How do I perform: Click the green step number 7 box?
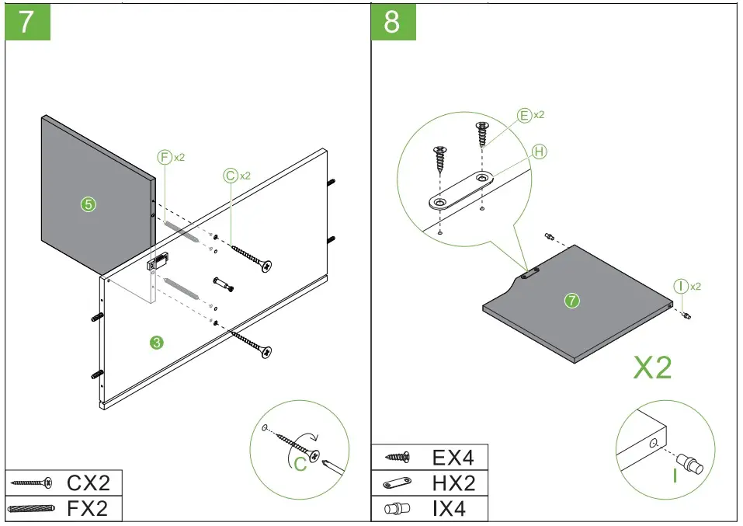coord(28,22)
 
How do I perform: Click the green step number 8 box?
coord(393,22)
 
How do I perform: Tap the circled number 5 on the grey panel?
coord(89,204)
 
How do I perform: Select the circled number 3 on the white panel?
coord(156,342)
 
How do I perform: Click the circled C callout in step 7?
coord(231,176)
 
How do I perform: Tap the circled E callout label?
coord(526,116)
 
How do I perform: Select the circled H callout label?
coord(540,152)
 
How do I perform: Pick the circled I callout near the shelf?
coord(681,287)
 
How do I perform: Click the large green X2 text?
coord(652,368)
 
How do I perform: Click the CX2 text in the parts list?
coord(88,482)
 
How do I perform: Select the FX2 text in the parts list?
coord(88,509)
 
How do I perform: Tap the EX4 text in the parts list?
coord(453,457)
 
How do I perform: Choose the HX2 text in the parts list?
coord(453,483)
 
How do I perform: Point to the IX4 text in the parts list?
coord(453,509)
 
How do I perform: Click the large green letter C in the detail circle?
coord(301,464)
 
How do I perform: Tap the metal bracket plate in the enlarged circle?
coord(461,191)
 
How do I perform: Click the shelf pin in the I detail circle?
coord(689,464)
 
